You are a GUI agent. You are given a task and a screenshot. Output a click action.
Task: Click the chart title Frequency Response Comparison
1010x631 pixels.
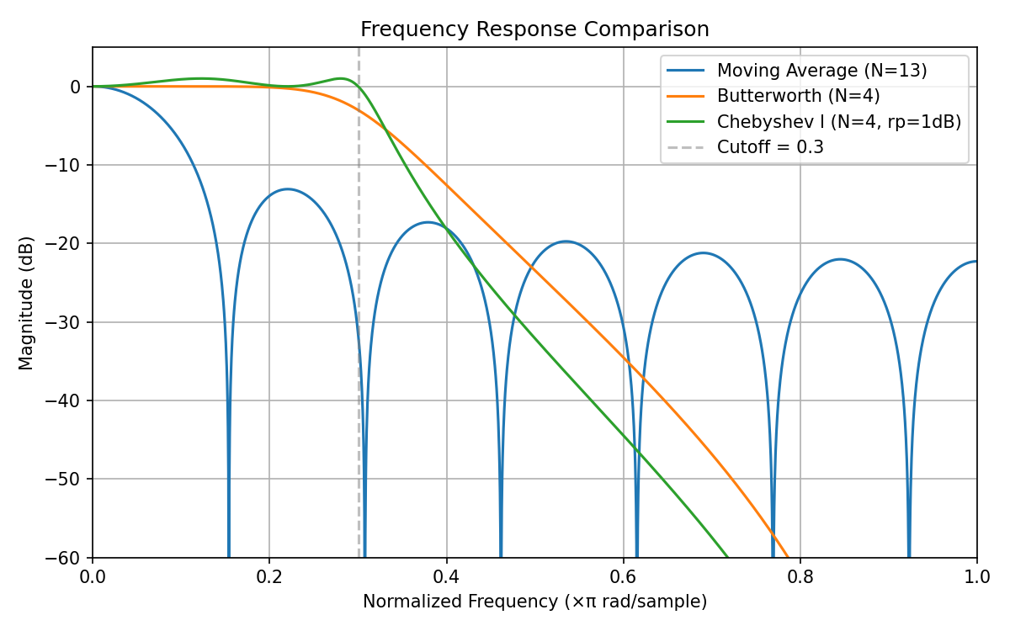pyautogui.click(x=534, y=29)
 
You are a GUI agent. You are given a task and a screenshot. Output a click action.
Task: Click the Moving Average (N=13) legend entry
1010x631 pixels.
pyautogui.click(x=821, y=70)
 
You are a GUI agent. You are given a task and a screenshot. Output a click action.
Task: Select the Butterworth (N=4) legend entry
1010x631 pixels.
pyautogui.click(x=798, y=96)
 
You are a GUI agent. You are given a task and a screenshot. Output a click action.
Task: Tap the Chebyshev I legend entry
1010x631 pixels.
pyautogui.click(x=838, y=122)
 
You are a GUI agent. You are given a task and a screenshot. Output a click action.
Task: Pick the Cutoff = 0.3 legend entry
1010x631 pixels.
pyautogui.click(x=770, y=147)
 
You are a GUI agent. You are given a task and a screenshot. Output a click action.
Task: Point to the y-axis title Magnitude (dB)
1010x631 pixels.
pyautogui.click(x=27, y=302)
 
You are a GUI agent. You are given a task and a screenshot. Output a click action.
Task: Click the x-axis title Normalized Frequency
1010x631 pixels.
pyautogui.click(x=534, y=602)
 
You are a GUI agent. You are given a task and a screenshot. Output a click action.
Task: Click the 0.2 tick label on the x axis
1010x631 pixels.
pyautogui.click(x=269, y=578)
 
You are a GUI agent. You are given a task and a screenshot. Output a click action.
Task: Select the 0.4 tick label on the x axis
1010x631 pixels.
pyautogui.click(x=446, y=578)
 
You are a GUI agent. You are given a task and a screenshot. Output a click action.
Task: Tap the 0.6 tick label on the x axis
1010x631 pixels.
pyautogui.click(x=623, y=578)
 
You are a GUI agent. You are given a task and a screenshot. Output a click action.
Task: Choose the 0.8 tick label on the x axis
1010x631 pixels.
pyautogui.click(x=800, y=578)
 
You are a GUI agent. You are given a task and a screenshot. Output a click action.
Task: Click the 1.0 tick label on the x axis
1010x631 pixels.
pyautogui.click(x=976, y=578)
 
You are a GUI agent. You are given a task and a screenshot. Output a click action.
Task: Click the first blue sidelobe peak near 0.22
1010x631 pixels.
pyautogui.click(x=288, y=189)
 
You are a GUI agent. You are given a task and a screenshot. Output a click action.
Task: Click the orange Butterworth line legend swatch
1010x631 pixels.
pyautogui.click(x=685, y=96)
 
